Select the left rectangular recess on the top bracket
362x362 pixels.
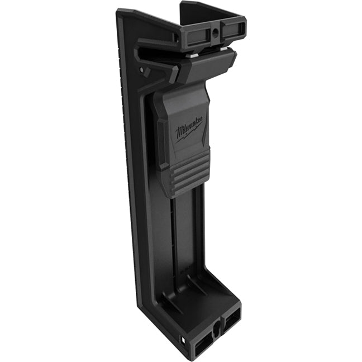[x=196, y=37]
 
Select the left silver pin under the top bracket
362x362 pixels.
[x=193, y=55]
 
